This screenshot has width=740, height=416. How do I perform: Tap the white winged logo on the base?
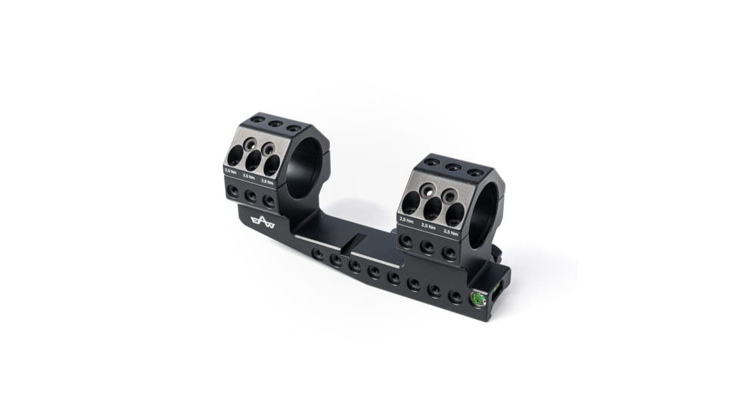pos(263,221)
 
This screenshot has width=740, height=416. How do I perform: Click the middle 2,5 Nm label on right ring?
pos(428,225)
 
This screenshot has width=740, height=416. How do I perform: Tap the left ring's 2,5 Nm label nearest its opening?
pos(267,182)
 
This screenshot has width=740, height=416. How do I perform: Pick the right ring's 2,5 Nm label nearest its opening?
pos(451,231)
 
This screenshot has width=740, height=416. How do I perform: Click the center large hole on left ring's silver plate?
pos(253,160)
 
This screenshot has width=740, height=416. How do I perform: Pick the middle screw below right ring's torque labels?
pos(428,246)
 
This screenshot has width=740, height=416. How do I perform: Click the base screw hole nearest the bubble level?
pos(455,296)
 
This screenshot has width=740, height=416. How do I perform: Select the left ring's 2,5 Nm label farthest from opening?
pos(230,173)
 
